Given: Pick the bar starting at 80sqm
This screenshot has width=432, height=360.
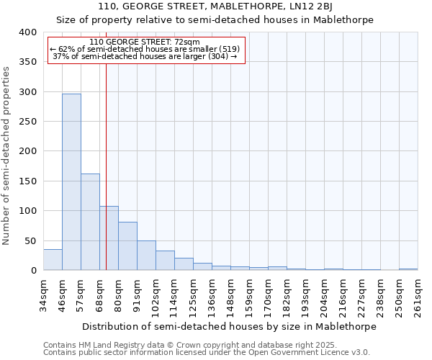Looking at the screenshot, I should [127, 246].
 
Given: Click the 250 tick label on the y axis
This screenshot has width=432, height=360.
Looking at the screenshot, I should [27, 122].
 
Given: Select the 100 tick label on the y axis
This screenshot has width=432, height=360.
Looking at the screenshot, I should [27, 211].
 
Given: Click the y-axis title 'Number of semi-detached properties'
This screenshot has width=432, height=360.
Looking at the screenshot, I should [6, 155].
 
